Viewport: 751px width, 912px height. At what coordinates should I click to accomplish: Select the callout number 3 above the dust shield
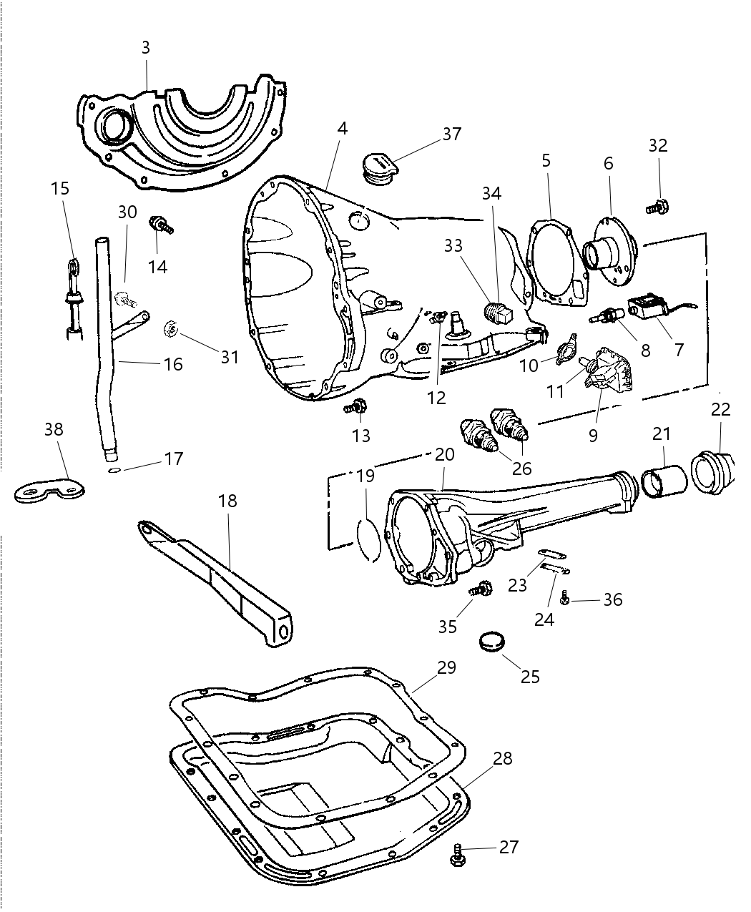coord(146,48)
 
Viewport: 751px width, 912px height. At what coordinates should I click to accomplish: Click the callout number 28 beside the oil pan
coord(503,758)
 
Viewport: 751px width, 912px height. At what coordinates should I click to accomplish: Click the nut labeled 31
coord(171,329)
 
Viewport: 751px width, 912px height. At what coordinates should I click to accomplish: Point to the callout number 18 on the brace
coord(227,501)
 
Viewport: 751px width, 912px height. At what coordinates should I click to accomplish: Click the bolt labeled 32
coord(657,207)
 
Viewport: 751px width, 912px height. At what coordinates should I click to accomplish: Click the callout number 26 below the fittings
coord(521,468)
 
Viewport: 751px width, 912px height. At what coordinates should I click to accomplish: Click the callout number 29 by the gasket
coord(447,667)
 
